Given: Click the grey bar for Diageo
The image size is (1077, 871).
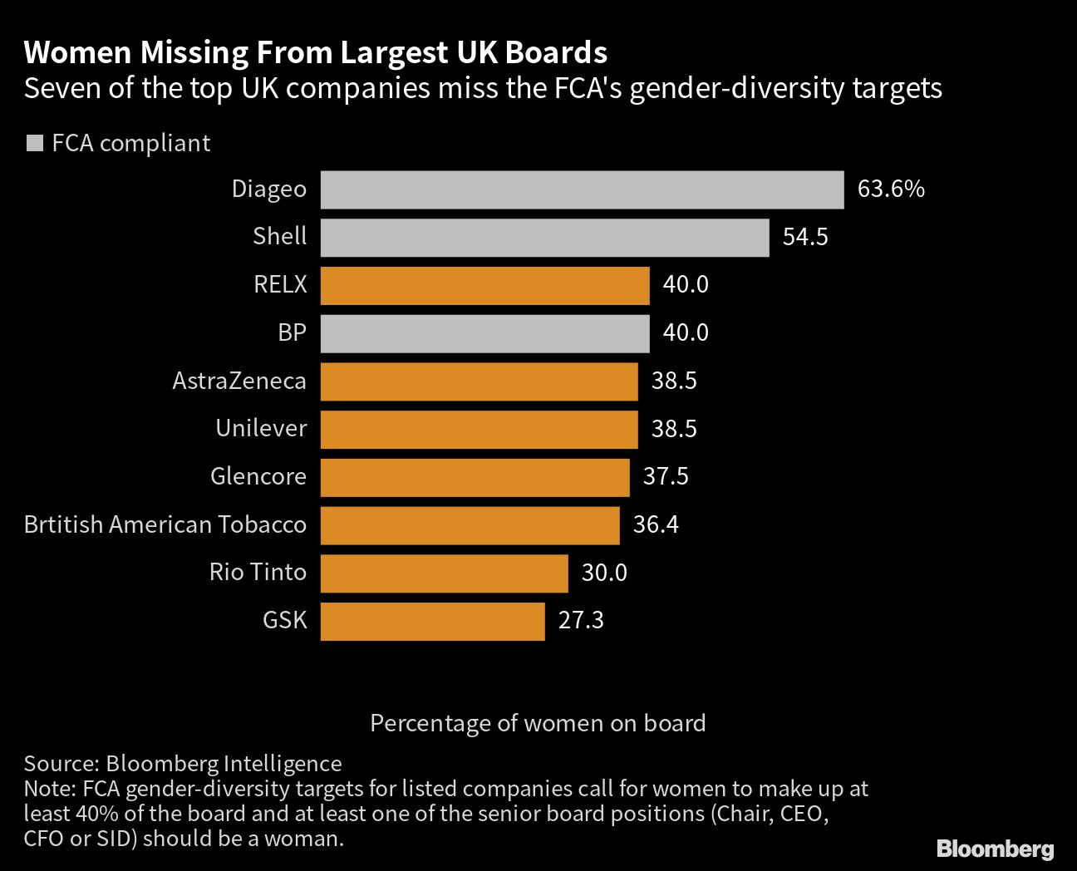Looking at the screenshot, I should click(x=582, y=189).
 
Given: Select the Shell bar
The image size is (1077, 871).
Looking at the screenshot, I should click(x=544, y=238).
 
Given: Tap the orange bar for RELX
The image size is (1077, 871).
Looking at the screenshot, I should click(x=484, y=285).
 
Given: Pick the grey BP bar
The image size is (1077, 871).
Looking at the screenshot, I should click(x=484, y=333).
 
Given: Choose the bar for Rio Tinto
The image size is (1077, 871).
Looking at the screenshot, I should click(x=444, y=573).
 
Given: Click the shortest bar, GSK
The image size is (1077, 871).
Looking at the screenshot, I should click(x=432, y=622).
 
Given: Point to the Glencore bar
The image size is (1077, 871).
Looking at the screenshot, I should click(x=475, y=477).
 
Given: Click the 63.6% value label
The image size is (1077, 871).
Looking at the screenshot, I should click(x=891, y=189).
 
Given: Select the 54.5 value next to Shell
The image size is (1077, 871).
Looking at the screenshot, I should click(x=805, y=238).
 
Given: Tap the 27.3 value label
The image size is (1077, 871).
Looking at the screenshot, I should click(x=581, y=621).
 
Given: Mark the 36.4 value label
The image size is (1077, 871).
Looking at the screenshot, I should click(x=656, y=525).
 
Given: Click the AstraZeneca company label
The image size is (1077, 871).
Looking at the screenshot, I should click(x=239, y=381).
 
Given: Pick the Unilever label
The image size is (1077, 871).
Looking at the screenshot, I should click(x=261, y=429).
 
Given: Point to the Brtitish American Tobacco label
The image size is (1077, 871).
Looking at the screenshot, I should click(x=165, y=525).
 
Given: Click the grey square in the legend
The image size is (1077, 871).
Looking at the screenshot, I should click(x=34, y=143).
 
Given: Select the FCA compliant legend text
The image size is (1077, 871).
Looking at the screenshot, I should click(x=130, y=143).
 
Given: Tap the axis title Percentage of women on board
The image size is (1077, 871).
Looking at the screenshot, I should click(x=538, y=723).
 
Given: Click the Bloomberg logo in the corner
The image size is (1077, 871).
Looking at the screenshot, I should click(x=995, y=849).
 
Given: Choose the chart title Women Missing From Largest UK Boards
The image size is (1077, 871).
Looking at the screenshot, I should click(x=316, y=53).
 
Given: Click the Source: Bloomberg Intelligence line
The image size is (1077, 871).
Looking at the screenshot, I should click(x=183, y=764).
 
